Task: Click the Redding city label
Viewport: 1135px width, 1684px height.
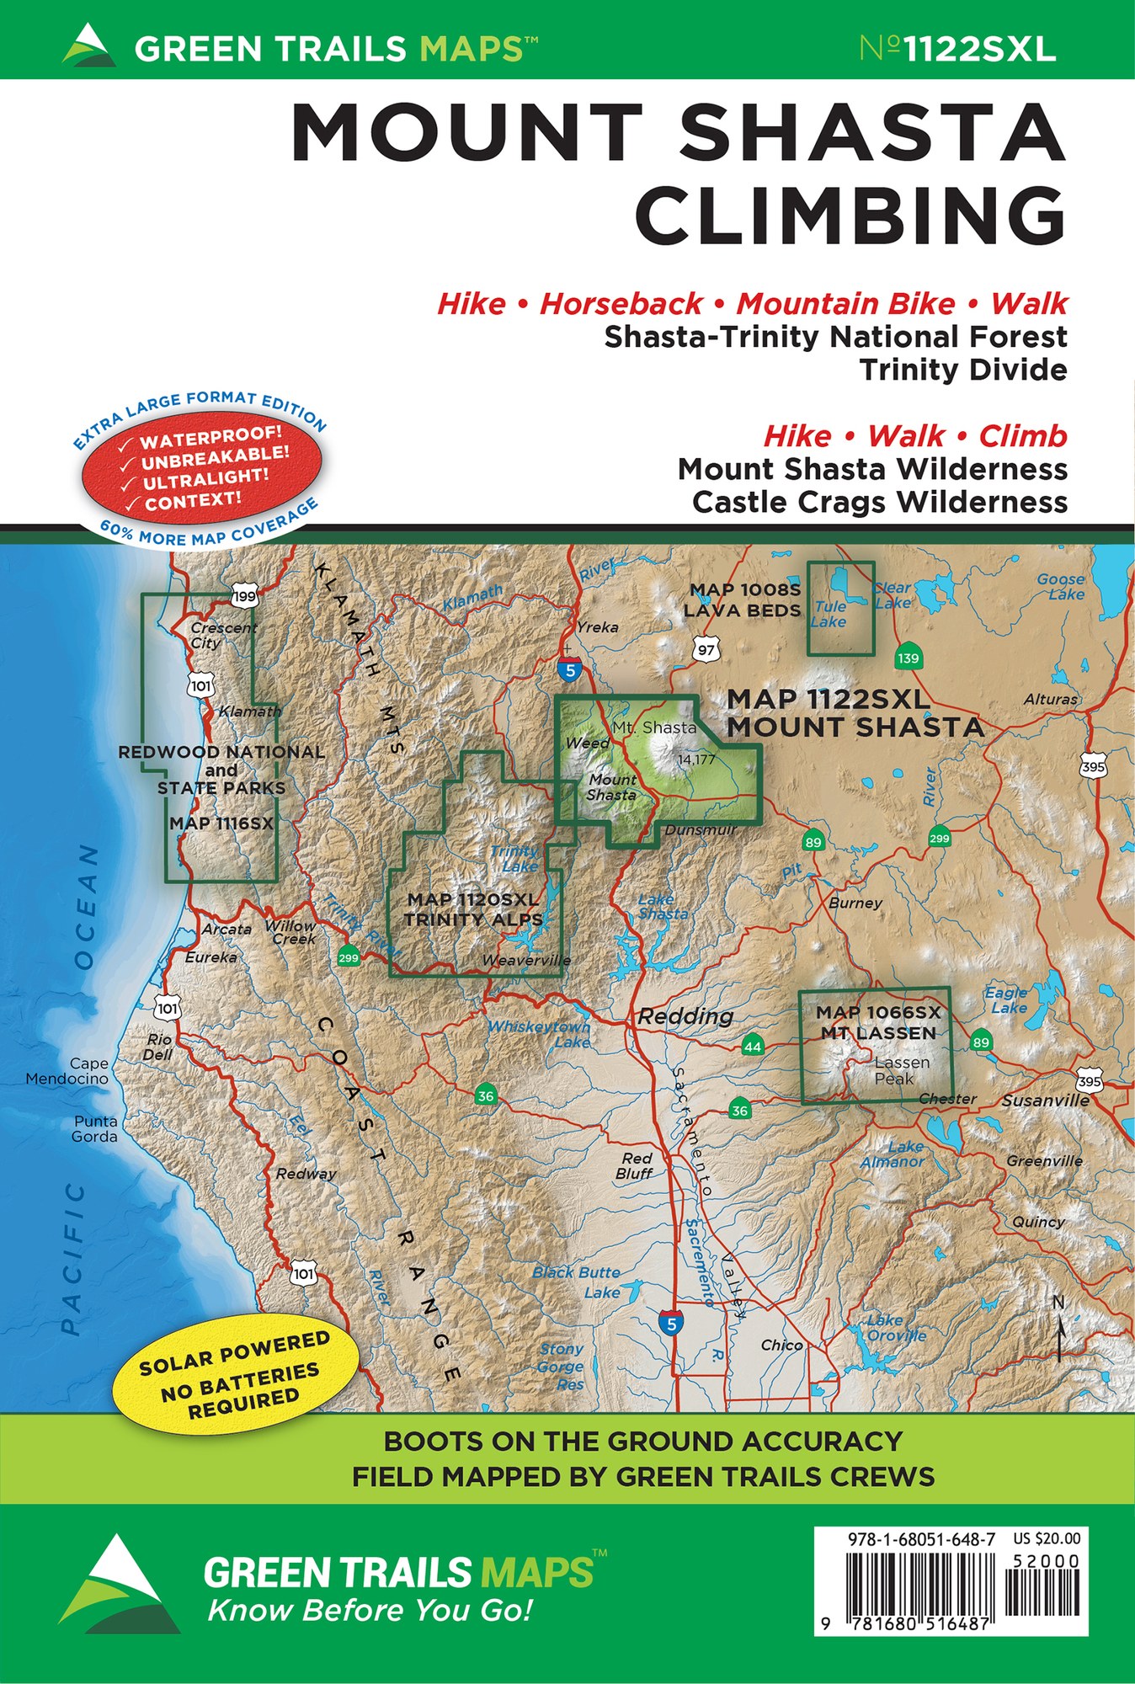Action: tap(685, 1016)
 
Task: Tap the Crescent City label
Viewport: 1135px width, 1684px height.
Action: tap(222, 635)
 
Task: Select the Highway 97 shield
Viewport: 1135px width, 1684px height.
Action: tap(706, 649)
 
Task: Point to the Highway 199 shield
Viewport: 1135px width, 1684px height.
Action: tap(244, 597)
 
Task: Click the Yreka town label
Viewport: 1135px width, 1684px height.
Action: tap(597, 627)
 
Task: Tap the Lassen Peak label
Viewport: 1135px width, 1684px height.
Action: tap(901, 1070)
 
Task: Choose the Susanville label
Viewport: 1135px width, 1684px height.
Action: tap(1045, 1100)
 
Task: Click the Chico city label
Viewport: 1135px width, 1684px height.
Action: tap(781, 1345)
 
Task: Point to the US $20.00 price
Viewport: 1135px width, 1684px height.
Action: tap(1047, 1538)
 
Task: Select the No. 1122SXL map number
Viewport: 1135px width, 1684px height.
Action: tap(957, 49)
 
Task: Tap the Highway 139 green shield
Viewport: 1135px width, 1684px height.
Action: tap(908, 658)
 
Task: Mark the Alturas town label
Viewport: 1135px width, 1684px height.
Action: tap(1050, 699)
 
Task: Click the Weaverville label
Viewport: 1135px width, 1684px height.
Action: tap(526, 960)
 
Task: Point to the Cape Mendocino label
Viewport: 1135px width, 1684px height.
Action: tap(67, 1071)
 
